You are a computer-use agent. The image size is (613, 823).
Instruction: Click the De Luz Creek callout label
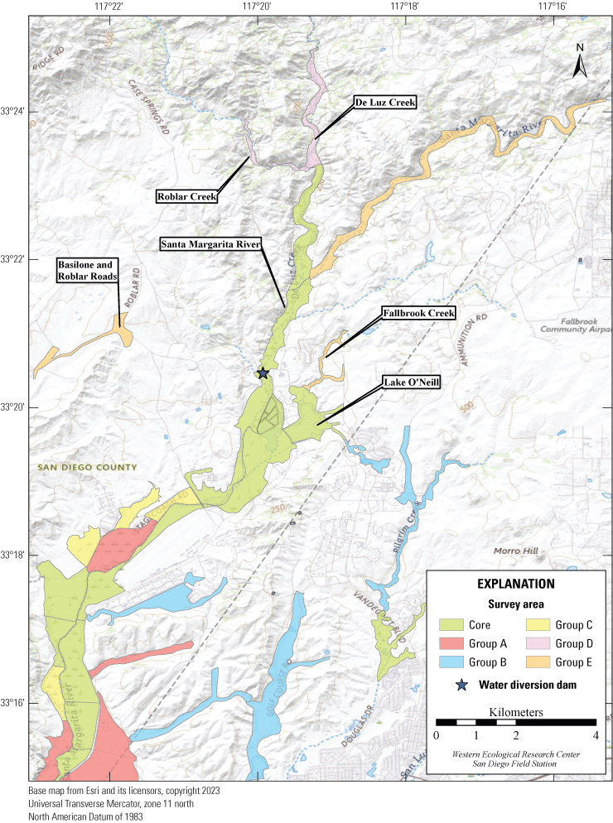click(384, 102)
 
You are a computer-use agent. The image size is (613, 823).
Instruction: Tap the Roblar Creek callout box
click(187, 196)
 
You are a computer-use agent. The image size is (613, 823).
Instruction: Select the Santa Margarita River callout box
click(211, 244)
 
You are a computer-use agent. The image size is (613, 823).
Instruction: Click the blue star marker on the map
click(263, 373)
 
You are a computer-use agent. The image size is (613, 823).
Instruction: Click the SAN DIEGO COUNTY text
click(87, 468)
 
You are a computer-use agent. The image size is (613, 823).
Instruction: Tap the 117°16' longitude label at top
click(552, 7)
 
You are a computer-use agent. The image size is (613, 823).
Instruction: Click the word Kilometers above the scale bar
click(515, 711)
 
